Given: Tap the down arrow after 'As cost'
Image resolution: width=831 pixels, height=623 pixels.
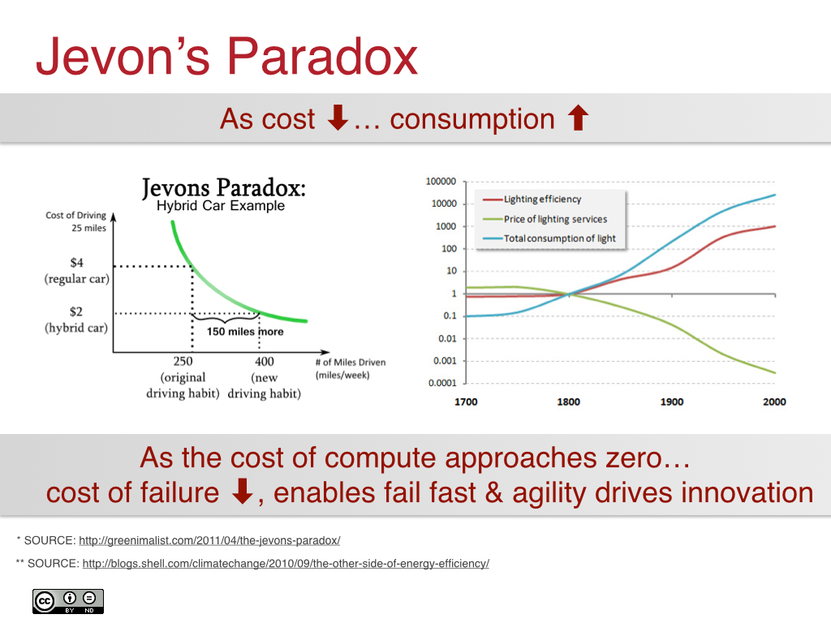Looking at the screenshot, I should pyautogui.click(x=337, y=119).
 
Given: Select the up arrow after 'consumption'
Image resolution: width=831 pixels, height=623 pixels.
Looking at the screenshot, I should pyautogui.click(x=578, y=119).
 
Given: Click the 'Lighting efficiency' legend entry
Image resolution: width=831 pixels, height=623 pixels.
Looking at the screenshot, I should pyautogui.click(x=542, y=199).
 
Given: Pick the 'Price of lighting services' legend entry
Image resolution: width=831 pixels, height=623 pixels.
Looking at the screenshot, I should pyautogui.click(x=555, y=219).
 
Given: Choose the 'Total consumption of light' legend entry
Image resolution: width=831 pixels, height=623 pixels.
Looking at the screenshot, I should pyautogui.click(x=559, y=238).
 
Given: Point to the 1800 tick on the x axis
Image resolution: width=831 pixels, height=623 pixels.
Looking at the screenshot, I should pyautogui.click(x=569, y=402).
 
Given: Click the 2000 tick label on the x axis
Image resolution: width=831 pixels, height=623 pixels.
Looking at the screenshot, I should pyautogui.click(x=774, y=402).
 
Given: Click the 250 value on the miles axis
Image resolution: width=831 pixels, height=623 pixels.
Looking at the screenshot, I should pyautogui.click(x=183, y=362).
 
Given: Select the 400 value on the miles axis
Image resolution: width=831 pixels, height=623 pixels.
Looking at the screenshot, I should pyautogui.click(x=264, y=362).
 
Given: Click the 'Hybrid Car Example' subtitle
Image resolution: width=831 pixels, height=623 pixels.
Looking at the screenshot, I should pyautogui.click(x=221, y=206).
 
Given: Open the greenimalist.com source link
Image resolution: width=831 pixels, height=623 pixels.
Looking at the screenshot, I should pyautogui.click(x=209, y=540).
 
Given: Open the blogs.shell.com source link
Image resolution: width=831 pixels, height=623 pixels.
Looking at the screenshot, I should pyautogui.click(x=286, y=563).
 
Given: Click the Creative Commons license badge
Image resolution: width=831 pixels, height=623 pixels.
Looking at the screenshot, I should pyautogui.click(x=68, y=601).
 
